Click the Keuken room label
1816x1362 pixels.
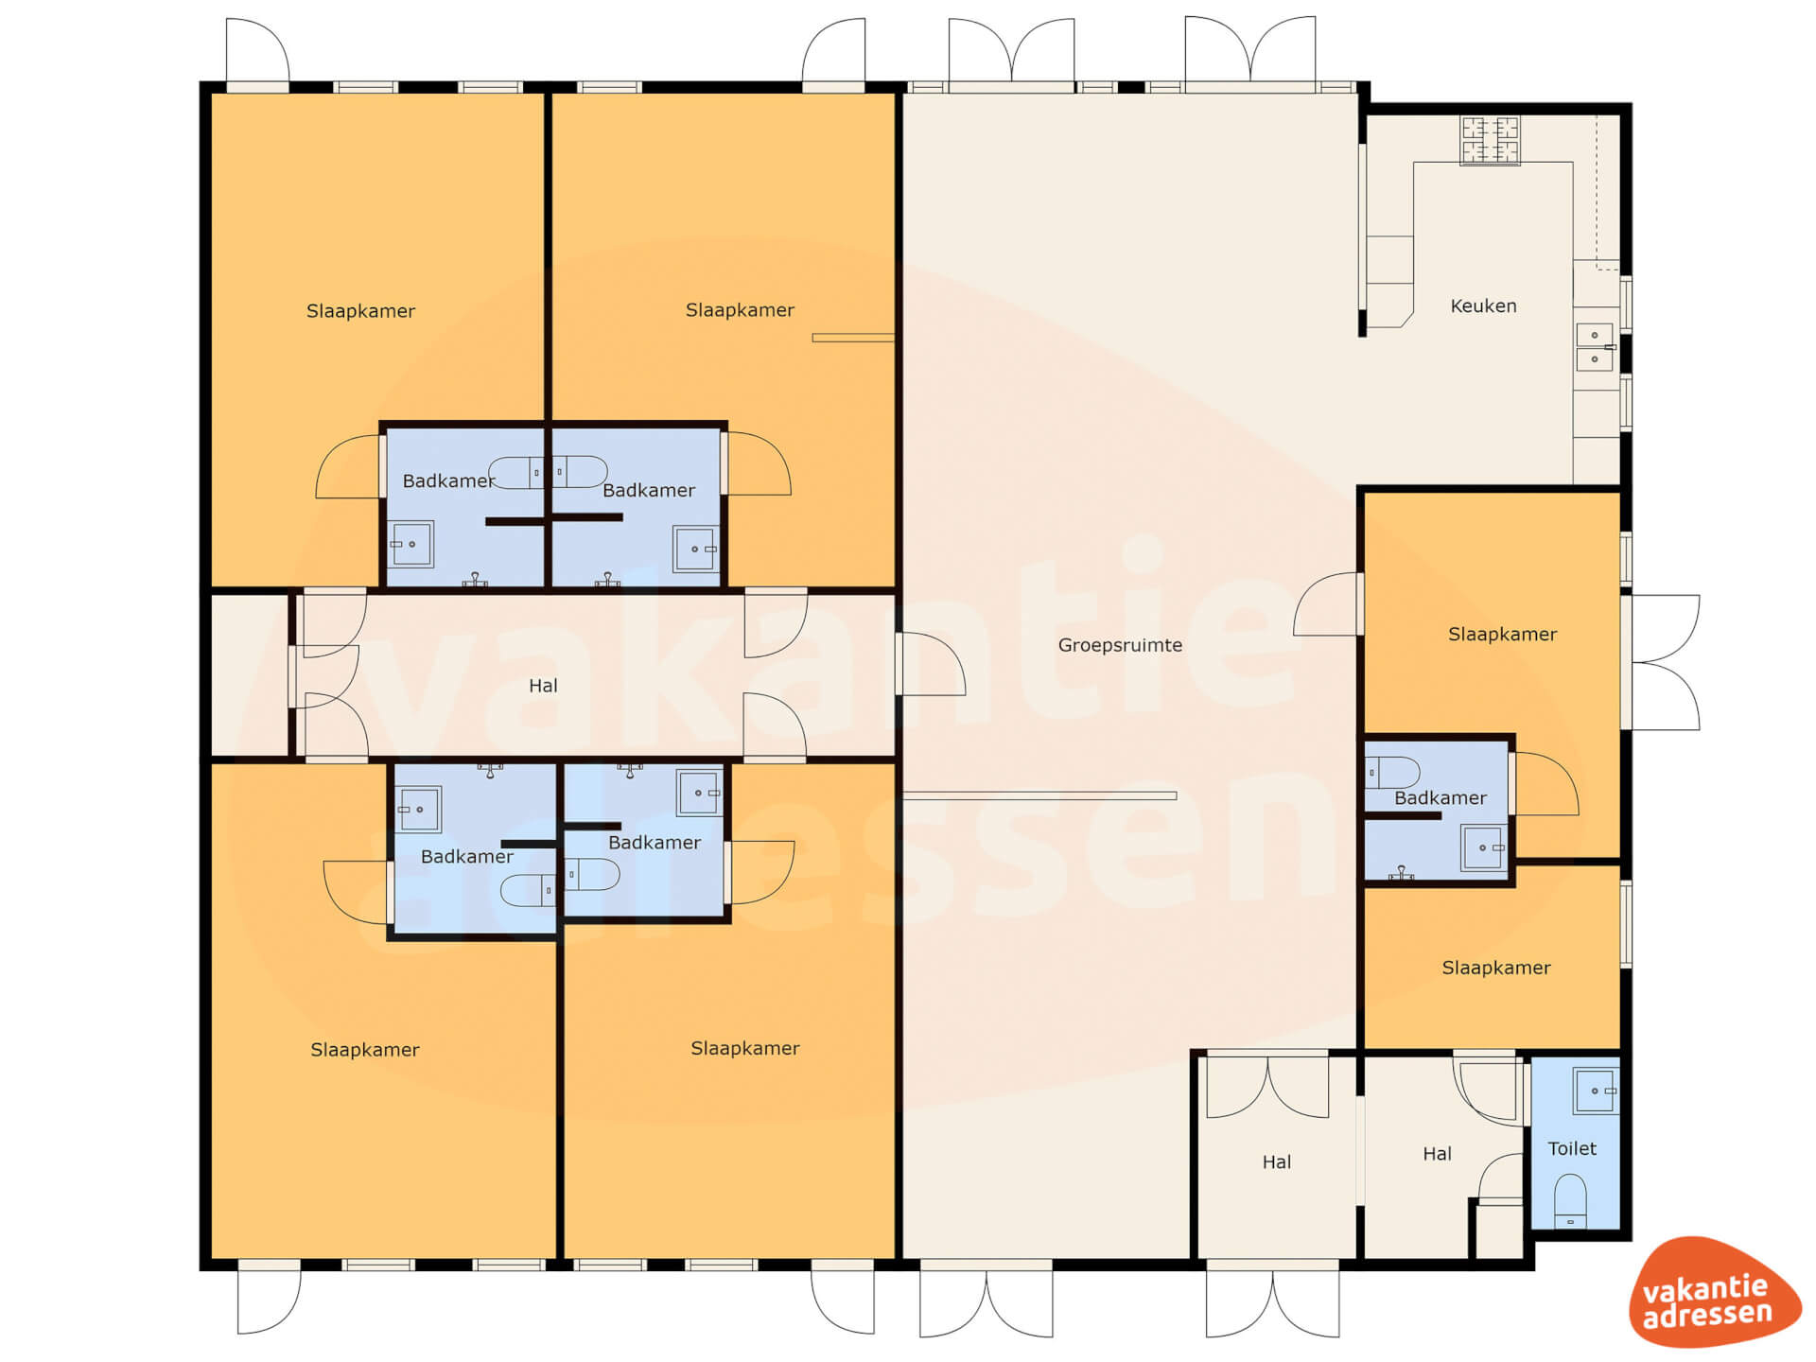1483,306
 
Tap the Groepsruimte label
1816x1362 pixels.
1120,646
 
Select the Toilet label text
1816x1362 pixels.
1572,1148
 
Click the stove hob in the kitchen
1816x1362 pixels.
1490,140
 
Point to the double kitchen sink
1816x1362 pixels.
1595,347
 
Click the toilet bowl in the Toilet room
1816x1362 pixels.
1570,1201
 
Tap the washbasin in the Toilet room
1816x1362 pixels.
1596,1091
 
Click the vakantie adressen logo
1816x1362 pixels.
1713,1292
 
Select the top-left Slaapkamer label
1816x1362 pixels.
360,311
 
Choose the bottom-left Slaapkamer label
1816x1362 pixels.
364,1050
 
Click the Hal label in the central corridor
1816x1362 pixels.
543,686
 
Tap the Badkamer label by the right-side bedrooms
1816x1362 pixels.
1440,798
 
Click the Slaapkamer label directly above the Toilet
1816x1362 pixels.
1495,968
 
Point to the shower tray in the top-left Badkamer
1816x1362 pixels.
411,544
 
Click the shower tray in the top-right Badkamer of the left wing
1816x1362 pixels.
695,549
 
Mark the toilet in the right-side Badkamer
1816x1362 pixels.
1391,773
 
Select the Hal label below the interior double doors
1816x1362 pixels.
1276,1162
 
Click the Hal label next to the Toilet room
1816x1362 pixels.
1437,1154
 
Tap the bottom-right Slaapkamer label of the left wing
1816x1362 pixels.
744,1048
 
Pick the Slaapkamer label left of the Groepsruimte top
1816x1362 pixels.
740,310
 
